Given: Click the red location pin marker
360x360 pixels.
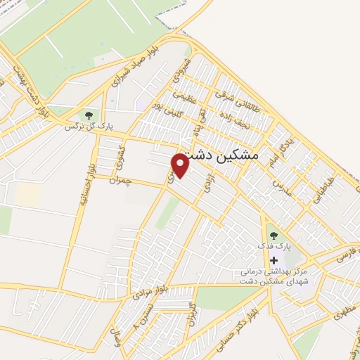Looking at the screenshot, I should coord(181,165).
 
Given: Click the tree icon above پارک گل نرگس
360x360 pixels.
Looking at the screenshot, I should coord(89,115).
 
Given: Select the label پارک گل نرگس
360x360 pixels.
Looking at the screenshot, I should coord(89,127).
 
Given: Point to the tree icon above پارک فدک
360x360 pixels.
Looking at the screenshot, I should coord(273,236).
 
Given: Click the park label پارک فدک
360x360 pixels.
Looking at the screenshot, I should coord(273,246).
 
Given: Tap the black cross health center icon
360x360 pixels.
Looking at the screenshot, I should coord(274,260).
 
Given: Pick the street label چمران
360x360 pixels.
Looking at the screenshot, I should coord(121,180).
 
